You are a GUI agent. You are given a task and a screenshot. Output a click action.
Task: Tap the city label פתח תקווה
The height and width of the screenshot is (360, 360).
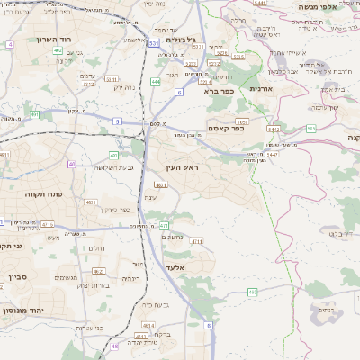coord(43,193)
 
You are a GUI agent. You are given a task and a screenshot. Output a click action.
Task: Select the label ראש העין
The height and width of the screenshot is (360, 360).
coord(182,167)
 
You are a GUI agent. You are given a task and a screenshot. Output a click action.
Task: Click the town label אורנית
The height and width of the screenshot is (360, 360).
coord(260,89)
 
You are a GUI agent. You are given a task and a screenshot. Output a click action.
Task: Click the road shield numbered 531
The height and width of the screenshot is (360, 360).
coord(155,42)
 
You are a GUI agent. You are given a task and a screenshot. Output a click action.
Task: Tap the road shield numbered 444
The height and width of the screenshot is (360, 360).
coord(156,82)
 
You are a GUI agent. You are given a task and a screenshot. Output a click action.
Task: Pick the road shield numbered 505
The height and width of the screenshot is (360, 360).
coord(310,129)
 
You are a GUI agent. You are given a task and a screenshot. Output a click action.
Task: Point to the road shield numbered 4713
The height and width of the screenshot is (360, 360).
coord(47,224)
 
